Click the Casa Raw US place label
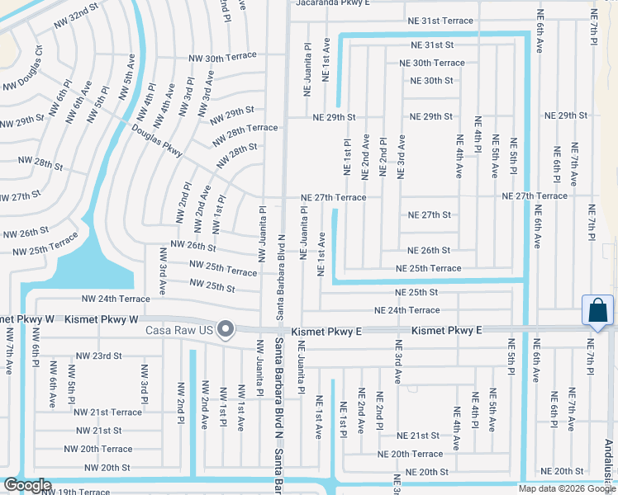click(179, 330)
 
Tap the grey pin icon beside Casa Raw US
click(224, 329)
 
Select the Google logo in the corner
click(27, 485)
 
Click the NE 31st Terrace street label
click(440, 21)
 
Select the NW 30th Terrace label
click(222, 58)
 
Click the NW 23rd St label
click(98, 356)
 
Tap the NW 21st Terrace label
click(107, 412)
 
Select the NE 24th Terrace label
click(407, 310)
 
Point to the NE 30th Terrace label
click(432, 63)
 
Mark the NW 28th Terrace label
click(244, 128)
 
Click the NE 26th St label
click(429, 250)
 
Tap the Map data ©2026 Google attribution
click(567, 488)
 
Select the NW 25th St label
click(212, 285)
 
